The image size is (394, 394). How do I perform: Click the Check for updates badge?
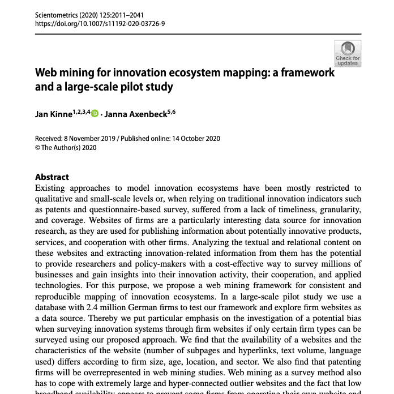(348, 53)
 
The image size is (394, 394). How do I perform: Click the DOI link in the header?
(100, 24)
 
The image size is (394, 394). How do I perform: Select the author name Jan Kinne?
(53, 114)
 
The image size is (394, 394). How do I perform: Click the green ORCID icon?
(95, 113)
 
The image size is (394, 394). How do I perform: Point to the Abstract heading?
(52, 177)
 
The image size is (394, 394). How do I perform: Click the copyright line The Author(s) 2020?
(68, 148)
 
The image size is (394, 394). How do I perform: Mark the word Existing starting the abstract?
(53, 188)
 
